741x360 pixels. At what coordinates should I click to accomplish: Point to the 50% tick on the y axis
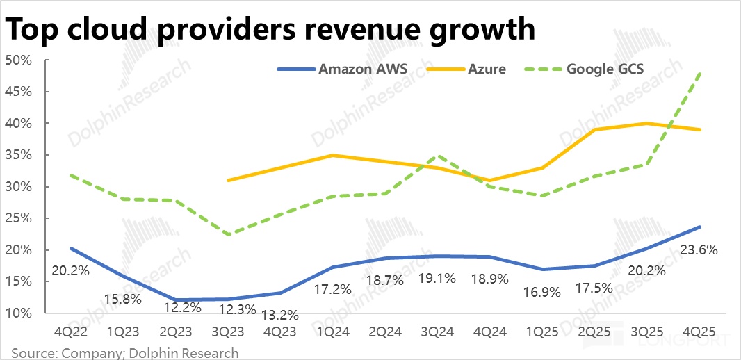19,60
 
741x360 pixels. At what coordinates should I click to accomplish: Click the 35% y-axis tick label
19,155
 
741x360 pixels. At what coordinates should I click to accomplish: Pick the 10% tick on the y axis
19,313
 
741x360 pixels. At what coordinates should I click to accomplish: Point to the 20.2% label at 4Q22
70,270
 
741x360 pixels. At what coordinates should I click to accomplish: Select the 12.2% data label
174,306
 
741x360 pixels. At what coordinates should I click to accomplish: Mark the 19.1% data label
437,279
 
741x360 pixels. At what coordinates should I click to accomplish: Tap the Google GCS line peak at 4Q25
699,72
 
